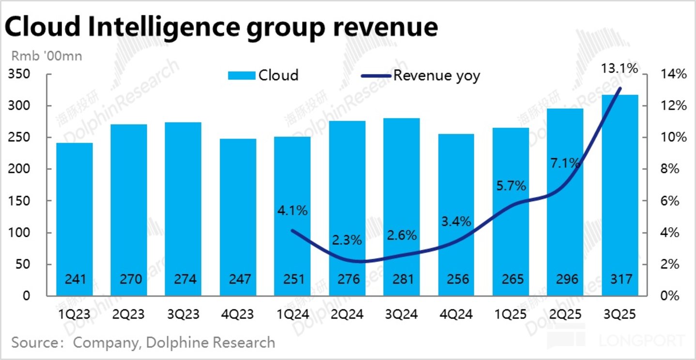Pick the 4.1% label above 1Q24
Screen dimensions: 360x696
(x=292, y=211)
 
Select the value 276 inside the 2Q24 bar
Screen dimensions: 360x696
(x=347, y=279)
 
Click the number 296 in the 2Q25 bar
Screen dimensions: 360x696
(x=565, y=279)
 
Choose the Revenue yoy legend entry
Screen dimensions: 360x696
(x=421, y=76)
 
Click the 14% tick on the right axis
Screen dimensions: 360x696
(x=673, y=75)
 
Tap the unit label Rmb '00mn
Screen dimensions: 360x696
(x=46, y=56)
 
